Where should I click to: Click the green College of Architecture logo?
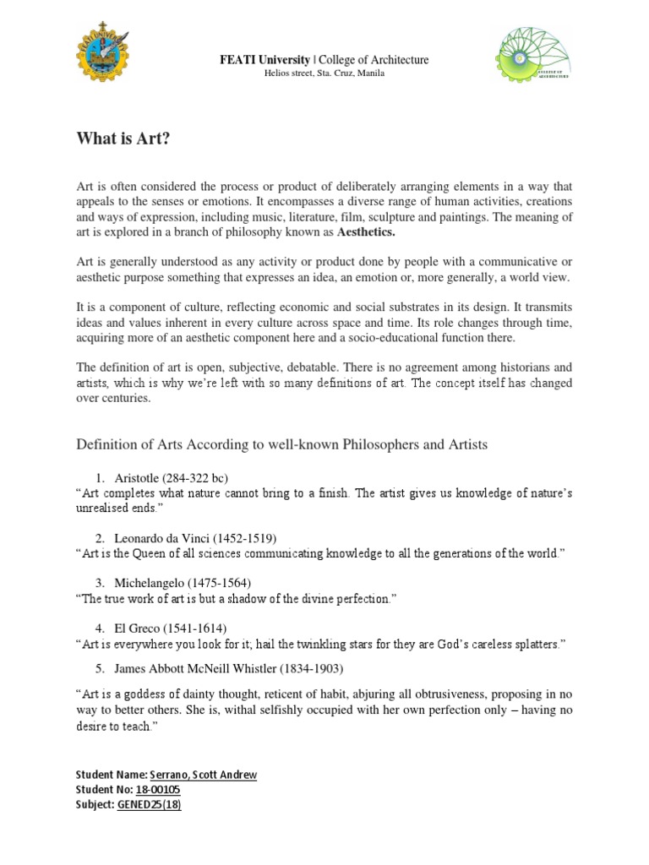coord(535,62)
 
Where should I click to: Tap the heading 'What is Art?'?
coord(123,139)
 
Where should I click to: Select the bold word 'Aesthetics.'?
coord(366,231)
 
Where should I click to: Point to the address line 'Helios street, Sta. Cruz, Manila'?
coord(324,74)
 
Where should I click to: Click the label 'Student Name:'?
coord(111,775)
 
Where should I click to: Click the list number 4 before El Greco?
coord(99,628)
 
